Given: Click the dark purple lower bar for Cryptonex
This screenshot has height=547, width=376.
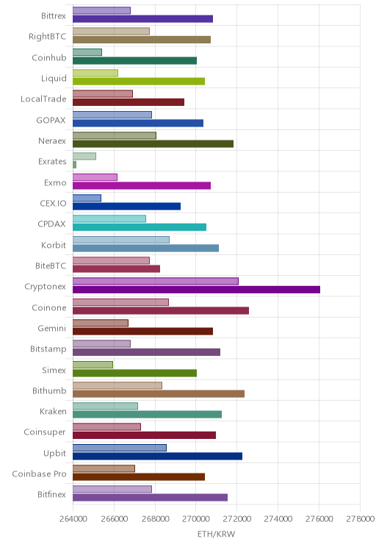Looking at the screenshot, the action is (196, 290).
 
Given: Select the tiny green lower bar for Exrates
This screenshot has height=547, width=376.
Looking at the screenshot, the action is (75, 165).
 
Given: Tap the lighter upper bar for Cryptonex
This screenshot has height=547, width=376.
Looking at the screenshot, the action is (156, 281).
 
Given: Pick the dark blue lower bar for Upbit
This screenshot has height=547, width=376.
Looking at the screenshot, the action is (157, 456).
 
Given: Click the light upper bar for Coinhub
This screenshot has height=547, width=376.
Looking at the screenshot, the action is (87, 52).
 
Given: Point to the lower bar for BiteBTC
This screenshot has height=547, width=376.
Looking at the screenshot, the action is (116, 268).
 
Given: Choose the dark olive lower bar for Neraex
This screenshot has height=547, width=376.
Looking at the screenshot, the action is (153, 143).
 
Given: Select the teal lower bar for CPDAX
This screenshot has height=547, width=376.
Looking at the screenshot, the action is (140, 227).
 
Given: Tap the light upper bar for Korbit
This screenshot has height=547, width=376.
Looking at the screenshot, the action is (121, 240).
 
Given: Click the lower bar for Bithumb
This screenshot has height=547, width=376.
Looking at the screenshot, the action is (159, 393).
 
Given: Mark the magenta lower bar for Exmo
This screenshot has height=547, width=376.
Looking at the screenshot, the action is (142, 185).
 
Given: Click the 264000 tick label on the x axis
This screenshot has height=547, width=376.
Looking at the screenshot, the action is (73, 519).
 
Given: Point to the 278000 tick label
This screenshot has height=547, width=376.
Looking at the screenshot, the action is (360, 519).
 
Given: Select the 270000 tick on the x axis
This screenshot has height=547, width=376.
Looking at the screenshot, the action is (196, 519).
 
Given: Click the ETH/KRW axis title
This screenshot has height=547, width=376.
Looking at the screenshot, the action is (216, 534).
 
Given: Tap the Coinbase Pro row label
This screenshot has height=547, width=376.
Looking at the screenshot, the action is (39, 473).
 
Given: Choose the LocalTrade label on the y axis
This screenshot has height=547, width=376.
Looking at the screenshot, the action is (43, 99).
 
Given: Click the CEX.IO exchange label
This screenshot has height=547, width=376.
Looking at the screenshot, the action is (53, 204).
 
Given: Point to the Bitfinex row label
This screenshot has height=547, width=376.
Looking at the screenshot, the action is (51, 494).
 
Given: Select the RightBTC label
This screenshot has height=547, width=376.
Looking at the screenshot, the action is (48, 37).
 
